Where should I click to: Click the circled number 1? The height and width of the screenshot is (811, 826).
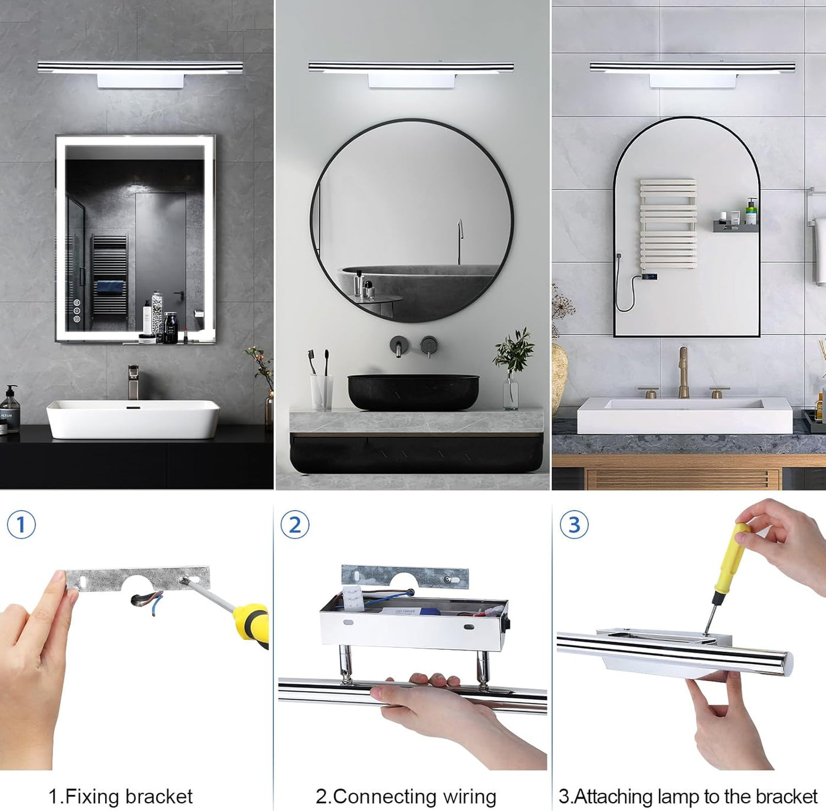pos(21,525)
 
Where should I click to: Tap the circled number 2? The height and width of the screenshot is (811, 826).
pos(295,525)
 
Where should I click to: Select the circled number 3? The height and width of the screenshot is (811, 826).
pos(575,525)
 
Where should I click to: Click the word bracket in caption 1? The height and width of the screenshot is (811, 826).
pos(159,784)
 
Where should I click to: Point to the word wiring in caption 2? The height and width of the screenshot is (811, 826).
pos(470,785)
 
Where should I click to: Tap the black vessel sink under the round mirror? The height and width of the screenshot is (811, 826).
pos(413,392)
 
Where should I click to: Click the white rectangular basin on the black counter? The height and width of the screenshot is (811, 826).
pos(133,419)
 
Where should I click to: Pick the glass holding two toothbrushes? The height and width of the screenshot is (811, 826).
pos(322,392)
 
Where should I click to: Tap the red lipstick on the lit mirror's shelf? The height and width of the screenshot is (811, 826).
pos(185,335)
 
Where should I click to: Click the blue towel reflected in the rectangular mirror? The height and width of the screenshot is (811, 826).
pos(110,286)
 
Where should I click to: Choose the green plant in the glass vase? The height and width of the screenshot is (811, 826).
pos(513,352)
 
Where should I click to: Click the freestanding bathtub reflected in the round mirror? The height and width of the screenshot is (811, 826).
pos(420,287)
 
